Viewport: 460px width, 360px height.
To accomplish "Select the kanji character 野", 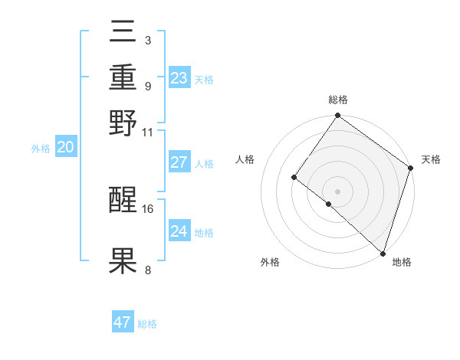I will click(123, 123).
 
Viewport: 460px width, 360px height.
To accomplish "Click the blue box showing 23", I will click(179, 77).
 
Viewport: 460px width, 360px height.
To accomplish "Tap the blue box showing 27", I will click(179, 162).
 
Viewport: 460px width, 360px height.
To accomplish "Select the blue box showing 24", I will click(179, 231).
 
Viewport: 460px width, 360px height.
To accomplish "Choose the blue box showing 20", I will click(65, 148).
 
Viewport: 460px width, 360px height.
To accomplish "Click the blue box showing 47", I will click(123, 322).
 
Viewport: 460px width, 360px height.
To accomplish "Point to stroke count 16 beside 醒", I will click(148, 208).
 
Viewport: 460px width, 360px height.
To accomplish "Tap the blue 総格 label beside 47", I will click(147, 324).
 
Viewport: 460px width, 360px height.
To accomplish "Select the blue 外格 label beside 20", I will click(41, 149).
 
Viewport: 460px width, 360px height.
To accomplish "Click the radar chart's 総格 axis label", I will click(338, 100).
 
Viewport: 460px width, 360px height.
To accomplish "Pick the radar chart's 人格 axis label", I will click(245, 159).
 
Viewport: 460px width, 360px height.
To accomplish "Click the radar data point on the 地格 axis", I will click(382, 253).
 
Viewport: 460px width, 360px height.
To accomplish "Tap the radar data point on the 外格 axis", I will click(329, 204).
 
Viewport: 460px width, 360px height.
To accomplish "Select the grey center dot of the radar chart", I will click(338, 191).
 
